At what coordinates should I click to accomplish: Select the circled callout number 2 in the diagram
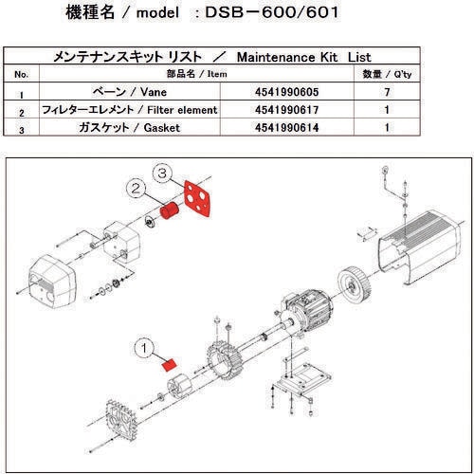click(139, 189)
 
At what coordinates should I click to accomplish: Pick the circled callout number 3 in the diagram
click(163, 173)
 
